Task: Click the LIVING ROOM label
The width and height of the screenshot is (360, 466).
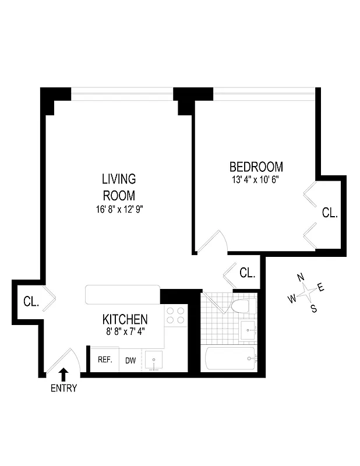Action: [x=119, y=186]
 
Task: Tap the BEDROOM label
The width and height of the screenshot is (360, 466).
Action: [x=256, y=167]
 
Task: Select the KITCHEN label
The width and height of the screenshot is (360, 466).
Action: [x=125, y=319]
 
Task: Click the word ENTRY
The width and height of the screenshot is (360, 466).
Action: [x=63, y=388]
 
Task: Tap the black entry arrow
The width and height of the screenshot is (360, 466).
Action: [x=63, y=374]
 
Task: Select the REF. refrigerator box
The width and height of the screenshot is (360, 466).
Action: [x=105, y=359]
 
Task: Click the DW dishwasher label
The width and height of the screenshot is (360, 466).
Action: [x=130, y=361]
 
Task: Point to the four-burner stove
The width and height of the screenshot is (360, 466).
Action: [x=175, y=315]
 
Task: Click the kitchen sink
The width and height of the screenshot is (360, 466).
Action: [x=154, y=359]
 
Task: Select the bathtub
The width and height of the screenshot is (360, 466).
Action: [x=230, y=358]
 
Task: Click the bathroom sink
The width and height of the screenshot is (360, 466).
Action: [x=249, y=330]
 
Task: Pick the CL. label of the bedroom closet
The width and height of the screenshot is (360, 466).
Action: [x=330, y=213]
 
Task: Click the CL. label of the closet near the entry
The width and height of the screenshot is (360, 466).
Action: [x=31, y=302]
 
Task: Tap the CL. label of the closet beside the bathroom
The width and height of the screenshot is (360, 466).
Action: [x=248, y=273]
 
